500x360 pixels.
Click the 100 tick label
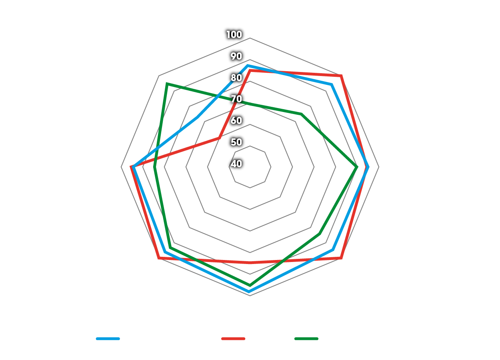pyautogui.click(x=234, y=35)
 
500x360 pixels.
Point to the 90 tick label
pyautogui.click(x=236, y=56)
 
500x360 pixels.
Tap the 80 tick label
pyautogui.click(x=236, y=78)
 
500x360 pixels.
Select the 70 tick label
pyautogui.click(x=236, y=99)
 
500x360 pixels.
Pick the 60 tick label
pyautogui.click(x=236, y=120)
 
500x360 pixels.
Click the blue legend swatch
pyautogui.click(x=108, y=339)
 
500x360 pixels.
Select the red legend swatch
pyautogui.click(x=233, y=339)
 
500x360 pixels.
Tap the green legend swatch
pyautogui.click(x=306, y=339)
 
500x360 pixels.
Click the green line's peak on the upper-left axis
pyautogui.click(x=167, y=84)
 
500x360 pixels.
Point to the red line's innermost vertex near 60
pyautogui.click(x=219, y=138)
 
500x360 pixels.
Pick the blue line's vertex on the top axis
pyautogui.click(x=248, y=65)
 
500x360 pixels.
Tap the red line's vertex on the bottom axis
pyautogui.click(x=250, y=263)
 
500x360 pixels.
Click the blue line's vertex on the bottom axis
pyautogui.click(x=249, y=292)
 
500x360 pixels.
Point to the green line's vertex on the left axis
pyautogui.click(x=154, y=167)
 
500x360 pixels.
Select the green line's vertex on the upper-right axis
pyautogui.click(x=302, y=114)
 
